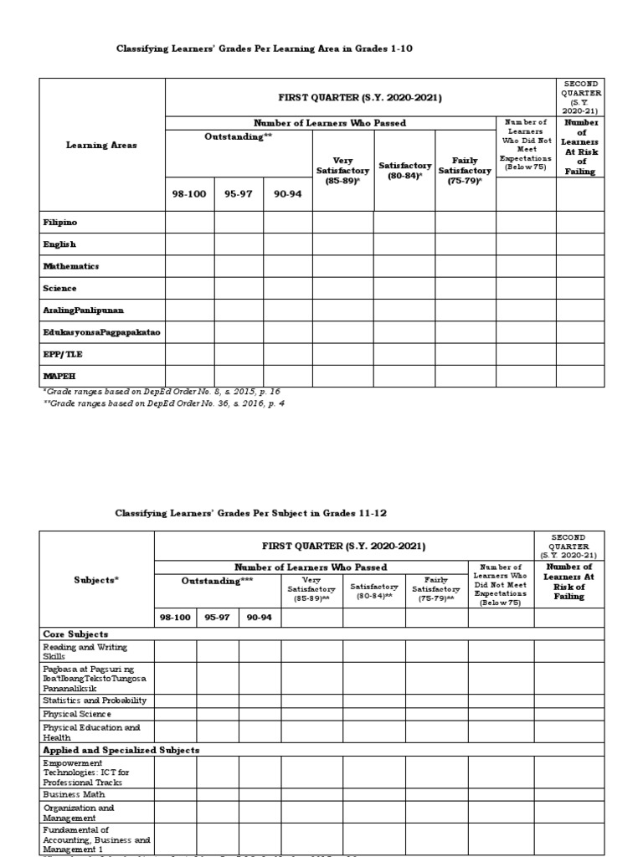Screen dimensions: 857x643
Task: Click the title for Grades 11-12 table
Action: coord(251,512)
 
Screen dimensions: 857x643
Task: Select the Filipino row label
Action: coord(59,223)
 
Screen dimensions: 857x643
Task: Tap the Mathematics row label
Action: coord(71,266)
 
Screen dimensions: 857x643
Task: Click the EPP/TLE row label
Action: coord(63,354)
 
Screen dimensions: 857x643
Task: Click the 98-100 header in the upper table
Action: coord(189,193)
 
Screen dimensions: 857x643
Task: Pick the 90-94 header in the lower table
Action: coord(260,618)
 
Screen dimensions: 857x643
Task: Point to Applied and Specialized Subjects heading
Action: coord(121,751)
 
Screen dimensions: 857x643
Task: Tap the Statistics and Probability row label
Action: coord(95,700)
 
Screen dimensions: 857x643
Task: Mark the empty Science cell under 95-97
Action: coord(239,289)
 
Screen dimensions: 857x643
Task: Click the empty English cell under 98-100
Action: coord(189,244)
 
